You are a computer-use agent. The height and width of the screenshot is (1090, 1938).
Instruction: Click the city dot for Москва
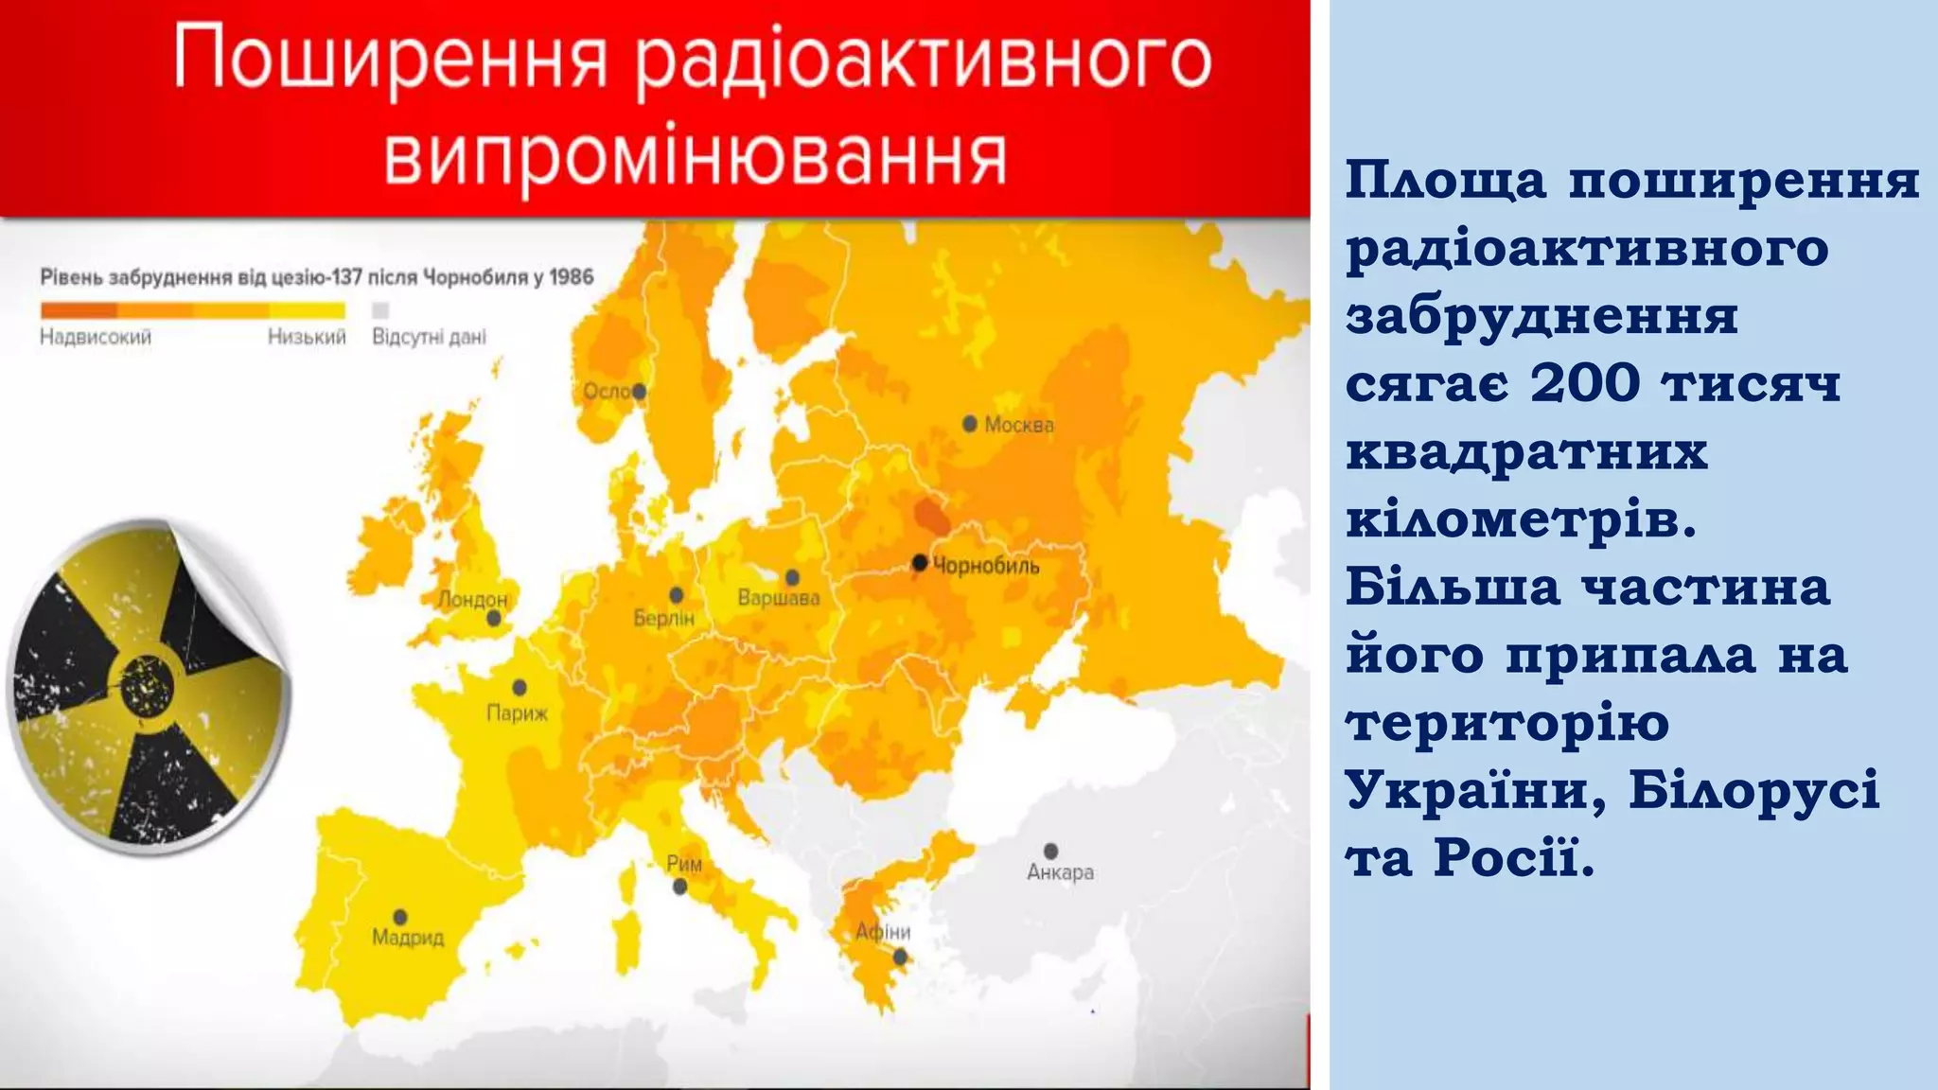pos(970,424)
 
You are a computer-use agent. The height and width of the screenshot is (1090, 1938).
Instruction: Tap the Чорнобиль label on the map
pos(986,566)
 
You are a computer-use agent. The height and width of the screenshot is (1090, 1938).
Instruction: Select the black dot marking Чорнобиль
pos(919,563)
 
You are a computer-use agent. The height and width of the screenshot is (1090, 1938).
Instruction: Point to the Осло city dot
pos(640,391)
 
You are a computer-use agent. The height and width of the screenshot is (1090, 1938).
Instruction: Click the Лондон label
pos(472,599)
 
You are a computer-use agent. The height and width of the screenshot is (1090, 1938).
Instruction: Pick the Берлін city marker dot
pos(677,595)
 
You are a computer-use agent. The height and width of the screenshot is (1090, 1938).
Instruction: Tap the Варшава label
pos(778,598)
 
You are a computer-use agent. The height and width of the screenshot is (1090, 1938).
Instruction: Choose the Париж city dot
pos(520,688)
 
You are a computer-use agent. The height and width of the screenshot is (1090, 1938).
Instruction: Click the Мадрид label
pos(408,938)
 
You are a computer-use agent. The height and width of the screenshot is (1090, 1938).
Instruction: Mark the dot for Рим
pos(679,887)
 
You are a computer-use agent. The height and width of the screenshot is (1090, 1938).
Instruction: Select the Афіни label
pos(882,932)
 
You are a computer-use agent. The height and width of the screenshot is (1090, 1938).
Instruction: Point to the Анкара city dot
pos(1050,851)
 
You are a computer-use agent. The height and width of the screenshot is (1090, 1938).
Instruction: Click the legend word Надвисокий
pos(96,337)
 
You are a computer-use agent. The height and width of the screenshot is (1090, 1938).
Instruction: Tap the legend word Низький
pos(307,337)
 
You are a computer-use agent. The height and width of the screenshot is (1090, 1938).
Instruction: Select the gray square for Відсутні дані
pos(380,310)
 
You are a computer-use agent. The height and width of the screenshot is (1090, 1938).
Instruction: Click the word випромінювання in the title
pos(695,157)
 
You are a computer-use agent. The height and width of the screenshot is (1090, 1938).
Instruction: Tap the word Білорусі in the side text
pos(1753,790)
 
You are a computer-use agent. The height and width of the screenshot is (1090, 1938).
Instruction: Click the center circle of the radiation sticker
pos(147,685)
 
